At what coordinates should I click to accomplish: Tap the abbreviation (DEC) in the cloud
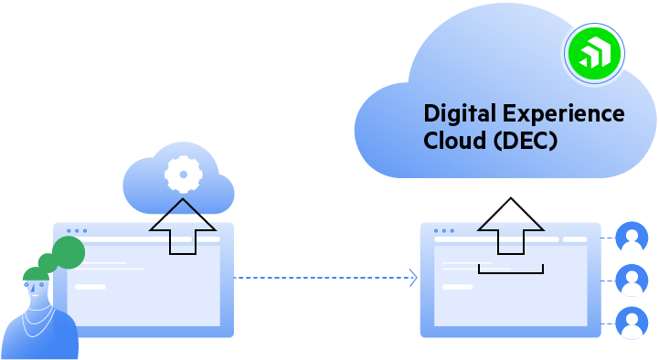tap(525, 141)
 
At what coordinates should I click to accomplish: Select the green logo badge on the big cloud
tap(593, 54)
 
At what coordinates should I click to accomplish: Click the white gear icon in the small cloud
tap(183, 174)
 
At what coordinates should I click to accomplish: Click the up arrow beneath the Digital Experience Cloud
tap(511, 225)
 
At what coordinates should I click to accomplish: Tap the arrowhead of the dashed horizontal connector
tap(414, 278)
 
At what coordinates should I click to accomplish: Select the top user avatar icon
tap(632, 237)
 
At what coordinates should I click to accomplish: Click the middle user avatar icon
tap(632, 280)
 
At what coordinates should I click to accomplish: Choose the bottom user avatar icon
tap(632, 323)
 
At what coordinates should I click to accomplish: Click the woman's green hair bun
tap(68, 251)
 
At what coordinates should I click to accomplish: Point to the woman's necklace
tap(38, 320)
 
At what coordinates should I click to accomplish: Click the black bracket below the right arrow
tap(511, 270)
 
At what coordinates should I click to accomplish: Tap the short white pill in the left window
tap(90, 287)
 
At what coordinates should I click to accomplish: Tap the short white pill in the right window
tap(457, 287)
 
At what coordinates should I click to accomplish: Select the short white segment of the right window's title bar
tap(575, 239)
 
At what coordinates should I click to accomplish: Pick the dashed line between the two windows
tap(320, 278)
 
